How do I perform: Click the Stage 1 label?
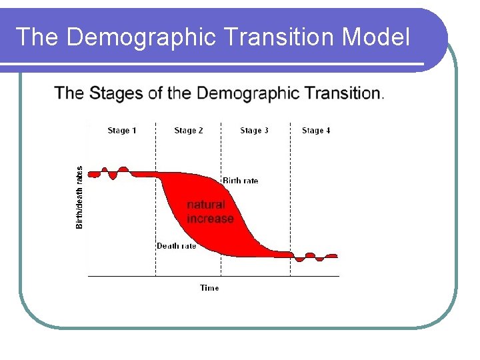click(122, 131)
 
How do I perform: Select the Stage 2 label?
click(189, 131)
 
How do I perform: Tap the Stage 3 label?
click(254, 131)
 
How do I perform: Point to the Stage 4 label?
click(316, 131)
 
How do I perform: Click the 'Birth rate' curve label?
click(240, 181)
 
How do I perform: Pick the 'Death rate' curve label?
click(176, 246)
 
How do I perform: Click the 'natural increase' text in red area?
click(209, 211)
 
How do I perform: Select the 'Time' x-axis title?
click(209, 288)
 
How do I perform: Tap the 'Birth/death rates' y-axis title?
click(80, 197)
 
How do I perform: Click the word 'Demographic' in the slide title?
click(141, 37)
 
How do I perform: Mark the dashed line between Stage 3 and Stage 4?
click(291, 200)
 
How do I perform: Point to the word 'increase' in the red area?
click(211, 219)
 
